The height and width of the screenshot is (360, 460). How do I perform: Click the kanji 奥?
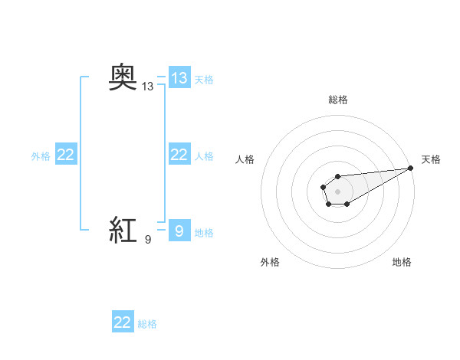[123, 78]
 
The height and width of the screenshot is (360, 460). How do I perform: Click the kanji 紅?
[123, 230]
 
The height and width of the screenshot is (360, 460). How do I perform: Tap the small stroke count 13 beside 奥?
[148, 87]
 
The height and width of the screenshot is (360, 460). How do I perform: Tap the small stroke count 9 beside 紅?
[148, 240]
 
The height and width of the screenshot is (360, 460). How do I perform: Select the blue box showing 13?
[179, 78]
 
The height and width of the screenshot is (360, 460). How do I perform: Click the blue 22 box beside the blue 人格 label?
[179, 155]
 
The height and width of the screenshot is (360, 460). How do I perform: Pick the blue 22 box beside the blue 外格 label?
[66, 155]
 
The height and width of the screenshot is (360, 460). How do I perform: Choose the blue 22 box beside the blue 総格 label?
[123, 322]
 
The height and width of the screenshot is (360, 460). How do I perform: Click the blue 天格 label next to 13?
[204, 79]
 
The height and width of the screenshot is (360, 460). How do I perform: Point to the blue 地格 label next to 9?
[204, 232]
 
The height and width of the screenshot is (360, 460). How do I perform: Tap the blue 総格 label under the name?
[147, 324]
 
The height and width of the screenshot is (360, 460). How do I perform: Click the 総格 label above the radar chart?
[338, 100]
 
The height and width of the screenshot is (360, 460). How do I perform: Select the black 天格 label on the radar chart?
[431, 159]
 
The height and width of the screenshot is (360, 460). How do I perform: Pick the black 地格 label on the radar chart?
[402, 262]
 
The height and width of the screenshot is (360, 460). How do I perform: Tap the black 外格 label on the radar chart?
[270, 262]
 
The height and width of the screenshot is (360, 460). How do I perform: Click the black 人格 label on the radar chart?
[245, 159]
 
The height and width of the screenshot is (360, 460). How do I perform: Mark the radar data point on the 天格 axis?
[410, 168]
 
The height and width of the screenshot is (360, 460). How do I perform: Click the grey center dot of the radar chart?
[337, 191]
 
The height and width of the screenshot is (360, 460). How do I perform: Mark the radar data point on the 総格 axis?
[337, 177]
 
